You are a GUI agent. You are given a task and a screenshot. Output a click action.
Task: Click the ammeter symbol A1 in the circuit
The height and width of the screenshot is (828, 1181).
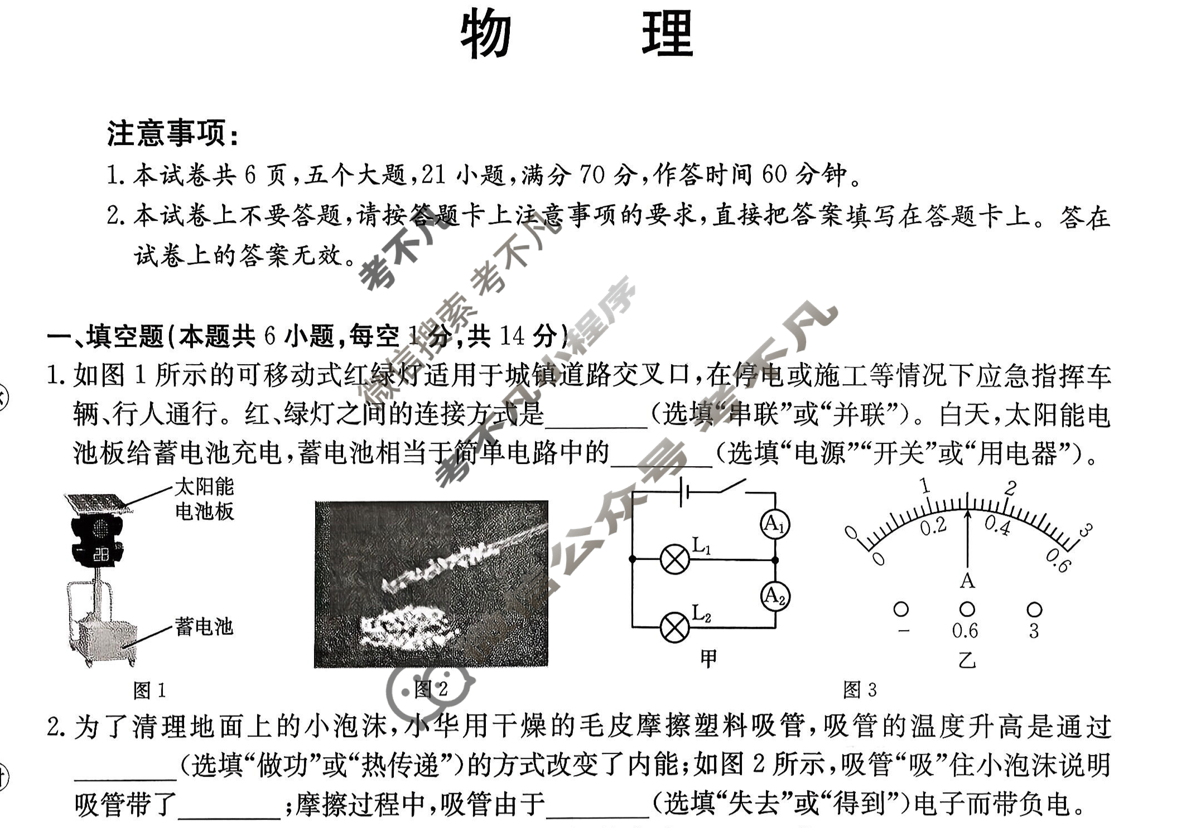pos(775,525)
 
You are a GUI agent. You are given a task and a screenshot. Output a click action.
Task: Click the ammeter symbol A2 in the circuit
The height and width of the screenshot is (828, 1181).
pos(775,596)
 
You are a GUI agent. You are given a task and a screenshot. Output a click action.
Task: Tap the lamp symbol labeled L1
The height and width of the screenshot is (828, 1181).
pos(674,559)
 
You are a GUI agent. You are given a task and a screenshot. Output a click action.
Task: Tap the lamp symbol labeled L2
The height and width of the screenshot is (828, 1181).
pos(674,628)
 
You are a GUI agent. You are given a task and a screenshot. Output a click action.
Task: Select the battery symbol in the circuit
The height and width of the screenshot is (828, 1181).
pos(685,492)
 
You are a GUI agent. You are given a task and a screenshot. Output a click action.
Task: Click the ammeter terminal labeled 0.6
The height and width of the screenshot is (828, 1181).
pos(967,609)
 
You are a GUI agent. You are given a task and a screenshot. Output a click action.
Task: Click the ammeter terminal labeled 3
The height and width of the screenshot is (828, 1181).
pos(1034,609)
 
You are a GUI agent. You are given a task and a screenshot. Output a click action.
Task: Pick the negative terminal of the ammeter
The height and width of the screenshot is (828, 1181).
pos(901,609)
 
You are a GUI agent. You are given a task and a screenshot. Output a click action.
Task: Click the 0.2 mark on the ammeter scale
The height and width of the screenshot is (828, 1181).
pos(933,526)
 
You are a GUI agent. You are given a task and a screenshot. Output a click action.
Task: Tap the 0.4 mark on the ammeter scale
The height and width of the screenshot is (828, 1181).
pos(997,525)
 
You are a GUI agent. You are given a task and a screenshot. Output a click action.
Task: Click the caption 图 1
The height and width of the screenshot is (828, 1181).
pos(150,690)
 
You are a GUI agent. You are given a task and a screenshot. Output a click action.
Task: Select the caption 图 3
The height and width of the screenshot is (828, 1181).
pos(860,690)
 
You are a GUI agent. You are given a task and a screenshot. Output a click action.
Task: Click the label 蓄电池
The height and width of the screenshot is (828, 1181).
pos(204,627)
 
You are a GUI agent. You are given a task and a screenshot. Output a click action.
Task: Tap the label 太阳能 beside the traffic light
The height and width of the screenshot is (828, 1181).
pos(204,487)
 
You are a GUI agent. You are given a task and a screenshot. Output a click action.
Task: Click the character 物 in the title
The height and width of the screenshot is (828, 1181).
pos(486,33)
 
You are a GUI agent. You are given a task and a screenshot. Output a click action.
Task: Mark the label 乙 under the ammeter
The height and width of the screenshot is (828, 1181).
pos(967,660)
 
